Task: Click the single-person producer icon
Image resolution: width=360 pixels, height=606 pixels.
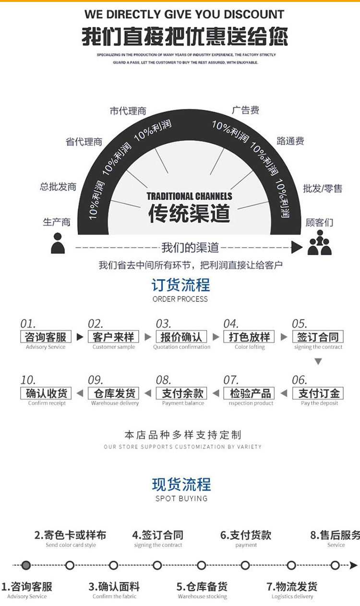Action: coord(58,243)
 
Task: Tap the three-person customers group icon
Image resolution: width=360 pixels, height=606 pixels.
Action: coord(320,243)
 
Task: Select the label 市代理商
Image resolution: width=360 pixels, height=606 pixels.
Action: coord(128,111)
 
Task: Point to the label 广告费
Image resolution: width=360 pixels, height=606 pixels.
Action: coord(245,110)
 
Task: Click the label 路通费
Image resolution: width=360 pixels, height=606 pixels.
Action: coord(290,141)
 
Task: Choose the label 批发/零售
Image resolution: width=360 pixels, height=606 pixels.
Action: coord(323,189)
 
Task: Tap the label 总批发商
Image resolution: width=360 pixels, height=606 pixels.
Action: coord(58,187)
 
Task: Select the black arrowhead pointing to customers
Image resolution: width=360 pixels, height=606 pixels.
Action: coord(297,248)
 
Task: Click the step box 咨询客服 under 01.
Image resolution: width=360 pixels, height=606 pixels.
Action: coord(46,337)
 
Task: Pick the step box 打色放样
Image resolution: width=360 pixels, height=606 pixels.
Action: coord(250,337)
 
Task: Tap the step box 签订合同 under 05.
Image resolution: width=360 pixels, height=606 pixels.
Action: coord(318,337)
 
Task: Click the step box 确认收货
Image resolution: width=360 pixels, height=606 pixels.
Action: coord(46,393)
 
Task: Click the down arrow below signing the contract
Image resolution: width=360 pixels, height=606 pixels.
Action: coord(318,361)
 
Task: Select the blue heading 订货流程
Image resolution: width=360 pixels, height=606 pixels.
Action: coord(180,285)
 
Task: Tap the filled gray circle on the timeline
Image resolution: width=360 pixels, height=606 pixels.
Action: coord(26,565)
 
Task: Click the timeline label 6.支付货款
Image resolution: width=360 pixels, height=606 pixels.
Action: coord(246,535)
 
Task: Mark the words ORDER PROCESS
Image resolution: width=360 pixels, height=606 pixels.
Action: coord(180,299)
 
